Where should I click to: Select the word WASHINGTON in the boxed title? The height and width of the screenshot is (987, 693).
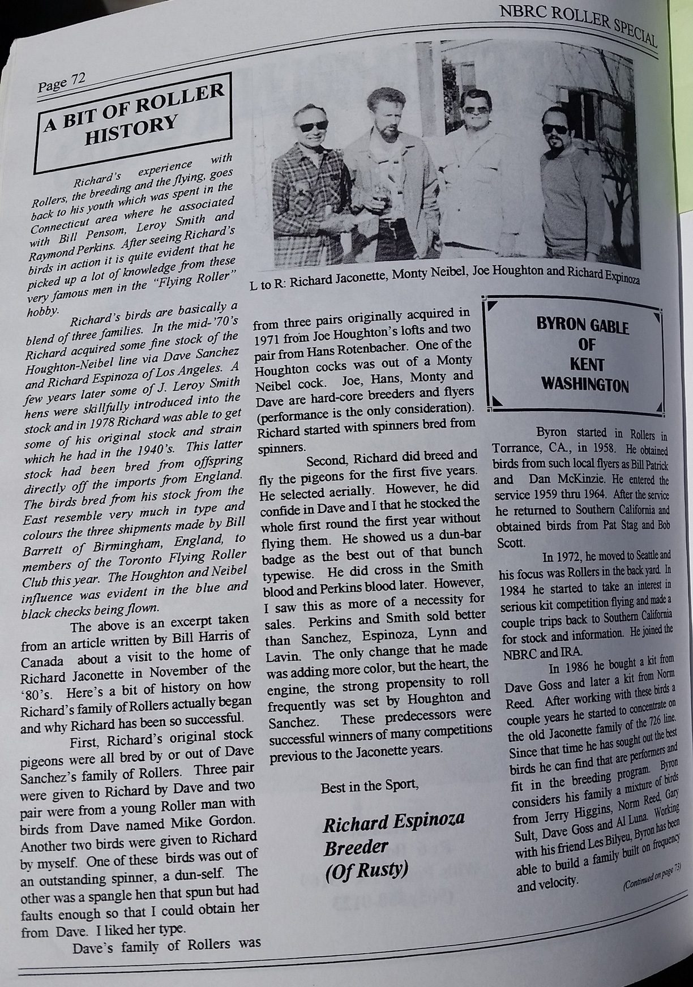coord(584,386)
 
